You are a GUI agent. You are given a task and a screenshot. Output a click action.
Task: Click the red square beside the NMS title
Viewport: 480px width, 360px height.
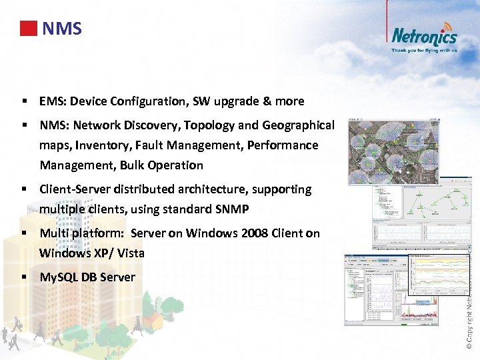[x=28, y=29]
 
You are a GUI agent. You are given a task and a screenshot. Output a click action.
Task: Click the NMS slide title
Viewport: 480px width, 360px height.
[x=61, y=29]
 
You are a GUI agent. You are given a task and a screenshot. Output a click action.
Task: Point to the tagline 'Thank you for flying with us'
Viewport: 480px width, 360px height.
[x=424, y=50]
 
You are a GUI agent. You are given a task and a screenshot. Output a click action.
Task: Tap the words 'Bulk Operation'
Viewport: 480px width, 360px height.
[x=161, y=165]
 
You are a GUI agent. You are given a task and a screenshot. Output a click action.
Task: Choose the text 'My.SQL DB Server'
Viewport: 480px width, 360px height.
[x=87, y=277]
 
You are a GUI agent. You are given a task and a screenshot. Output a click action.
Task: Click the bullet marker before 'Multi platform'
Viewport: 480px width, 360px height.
[x=24, y=233]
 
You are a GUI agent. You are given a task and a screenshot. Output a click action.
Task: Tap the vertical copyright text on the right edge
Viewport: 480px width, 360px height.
[x=470, y=293]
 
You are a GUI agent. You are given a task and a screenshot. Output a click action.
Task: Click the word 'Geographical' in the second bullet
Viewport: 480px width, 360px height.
[x=298, y=125]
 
